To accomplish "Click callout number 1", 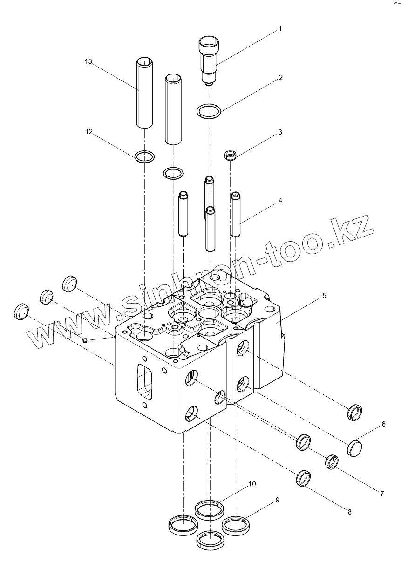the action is click(280, 29).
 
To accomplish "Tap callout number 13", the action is click(88, 62).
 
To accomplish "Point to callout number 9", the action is click(277, 500).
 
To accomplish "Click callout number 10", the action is click(252, 484).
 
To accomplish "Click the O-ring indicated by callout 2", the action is click(208, 112).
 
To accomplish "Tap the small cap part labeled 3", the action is click(230, 155).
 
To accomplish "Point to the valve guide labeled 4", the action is click(236, 214).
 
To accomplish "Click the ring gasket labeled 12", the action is click(144, 156).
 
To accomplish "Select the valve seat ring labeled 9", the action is click(236, 525).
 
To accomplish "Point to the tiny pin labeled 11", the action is click(85, 340).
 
